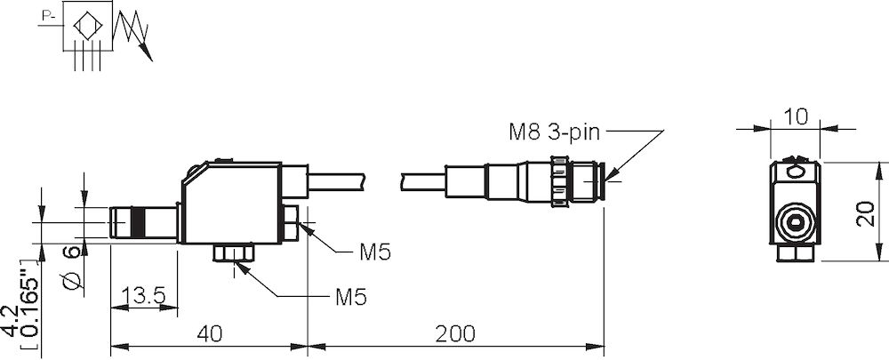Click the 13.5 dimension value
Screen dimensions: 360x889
[143, 296]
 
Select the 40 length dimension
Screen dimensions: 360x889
[208, 333]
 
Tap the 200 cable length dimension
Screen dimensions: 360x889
[455, 333]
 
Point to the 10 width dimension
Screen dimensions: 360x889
[796, 116]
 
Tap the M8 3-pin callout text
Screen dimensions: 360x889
[555, 132]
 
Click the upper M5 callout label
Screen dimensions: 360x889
[375, 252]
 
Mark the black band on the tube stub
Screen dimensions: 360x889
[137, 222]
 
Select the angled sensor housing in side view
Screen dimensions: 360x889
[231, 204]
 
